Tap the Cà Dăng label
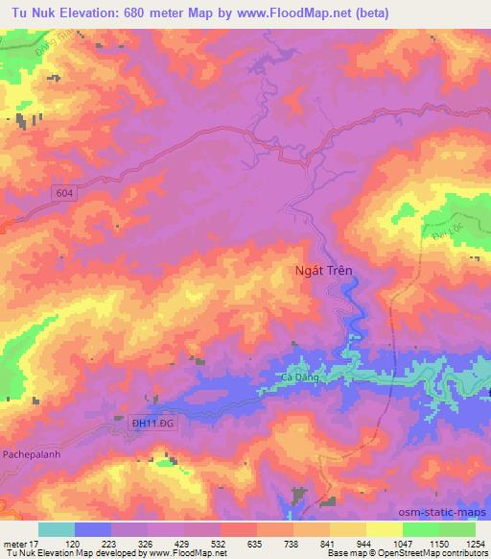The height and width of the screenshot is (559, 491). (301, 377)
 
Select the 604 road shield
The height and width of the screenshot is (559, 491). (63, 193)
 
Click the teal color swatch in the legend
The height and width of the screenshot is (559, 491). (57, 528)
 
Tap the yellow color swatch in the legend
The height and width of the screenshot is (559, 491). (384, 528)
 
